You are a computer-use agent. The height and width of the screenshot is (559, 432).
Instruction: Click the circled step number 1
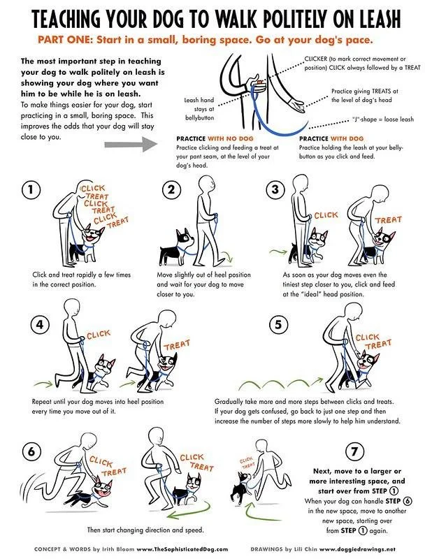point(31,189)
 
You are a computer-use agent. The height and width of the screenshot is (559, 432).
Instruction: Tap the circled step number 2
point(171,189)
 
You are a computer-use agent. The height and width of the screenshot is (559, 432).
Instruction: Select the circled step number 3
point(275,189)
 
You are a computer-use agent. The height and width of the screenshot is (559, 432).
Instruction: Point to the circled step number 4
point(40,324)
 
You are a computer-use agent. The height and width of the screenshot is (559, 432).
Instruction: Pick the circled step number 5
point(278,324)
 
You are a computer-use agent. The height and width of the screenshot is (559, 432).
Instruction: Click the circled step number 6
point(31,451)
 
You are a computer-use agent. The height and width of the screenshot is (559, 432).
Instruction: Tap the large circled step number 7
point(354,451)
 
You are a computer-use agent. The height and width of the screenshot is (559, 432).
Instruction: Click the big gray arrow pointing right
point(131,144)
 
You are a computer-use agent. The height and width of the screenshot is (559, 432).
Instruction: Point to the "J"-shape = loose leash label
point(383,119)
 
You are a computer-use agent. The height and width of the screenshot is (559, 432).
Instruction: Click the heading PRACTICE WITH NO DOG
point(215,138)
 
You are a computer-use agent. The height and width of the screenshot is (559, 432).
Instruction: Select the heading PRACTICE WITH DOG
point(331,138)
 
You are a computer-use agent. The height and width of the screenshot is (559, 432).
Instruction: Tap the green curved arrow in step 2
point(226,255)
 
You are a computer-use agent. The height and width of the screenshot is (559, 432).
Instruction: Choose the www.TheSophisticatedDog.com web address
point(182,549)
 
